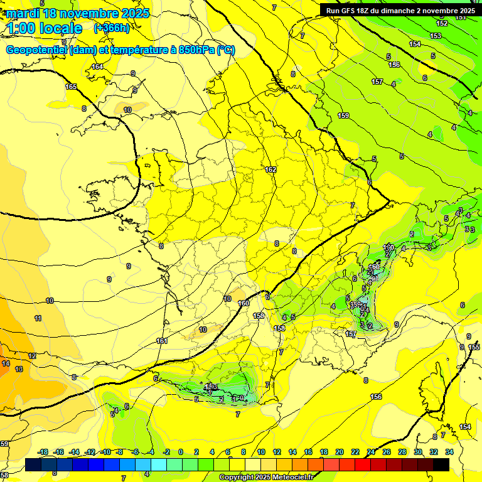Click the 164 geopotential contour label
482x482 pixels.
point(97,67)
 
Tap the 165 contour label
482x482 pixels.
point(71,87)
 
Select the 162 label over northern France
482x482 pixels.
point(270,170)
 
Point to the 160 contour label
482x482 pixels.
point(244,304)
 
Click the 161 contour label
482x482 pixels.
point(162,341)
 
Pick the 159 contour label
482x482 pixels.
point(343,115)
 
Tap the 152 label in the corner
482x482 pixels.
point(442,23)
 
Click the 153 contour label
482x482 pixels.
point(436,36)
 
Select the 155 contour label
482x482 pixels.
point(474,347)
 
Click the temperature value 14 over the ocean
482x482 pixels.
point(6,363)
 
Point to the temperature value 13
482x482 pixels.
point(19,370)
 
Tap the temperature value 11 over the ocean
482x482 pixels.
point(38,319)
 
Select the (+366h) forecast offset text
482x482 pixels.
point(112,28)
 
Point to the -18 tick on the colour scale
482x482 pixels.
point(43,452)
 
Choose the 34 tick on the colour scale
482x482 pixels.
point(449,452)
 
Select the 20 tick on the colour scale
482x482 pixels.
point(340,452)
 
